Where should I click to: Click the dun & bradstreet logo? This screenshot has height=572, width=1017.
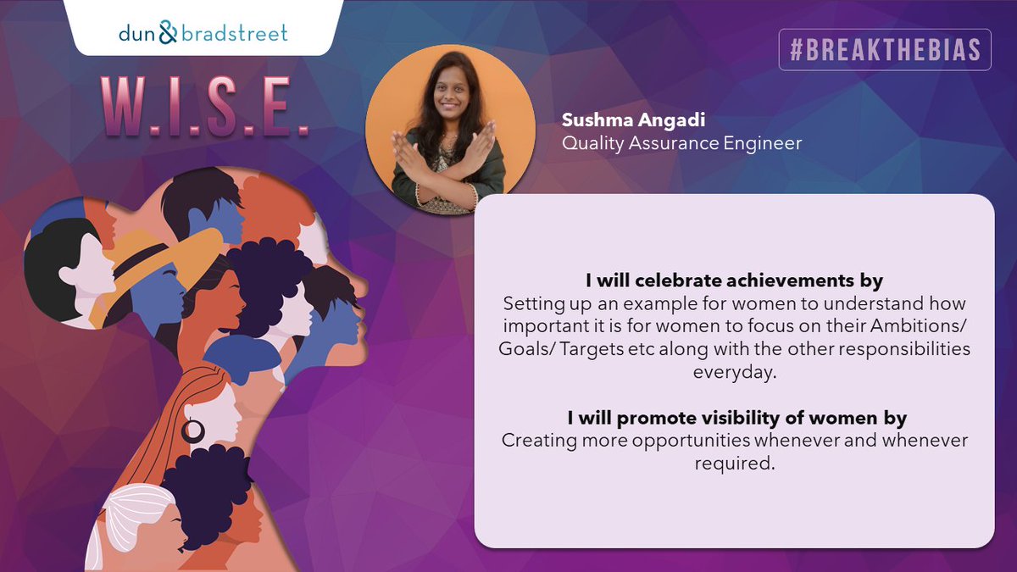[203, 34]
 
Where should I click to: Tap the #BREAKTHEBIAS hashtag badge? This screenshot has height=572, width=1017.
[885, 50]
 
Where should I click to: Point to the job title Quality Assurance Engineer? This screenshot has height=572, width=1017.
[681, 143]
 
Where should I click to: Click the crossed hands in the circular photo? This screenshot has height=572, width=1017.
[447, 164]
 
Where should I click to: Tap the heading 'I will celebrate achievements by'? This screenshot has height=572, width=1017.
[734, 280]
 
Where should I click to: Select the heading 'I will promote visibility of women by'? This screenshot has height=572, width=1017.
[734, 418]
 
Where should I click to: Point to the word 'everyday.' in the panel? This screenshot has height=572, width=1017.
[734, 371]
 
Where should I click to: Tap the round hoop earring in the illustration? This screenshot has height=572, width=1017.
[193, 430]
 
